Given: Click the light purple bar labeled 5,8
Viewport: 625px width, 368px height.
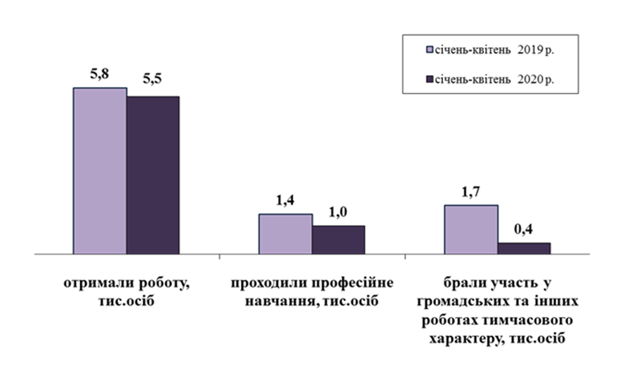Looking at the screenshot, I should (100, 171).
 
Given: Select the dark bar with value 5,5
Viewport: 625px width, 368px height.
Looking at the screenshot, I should (153, 175).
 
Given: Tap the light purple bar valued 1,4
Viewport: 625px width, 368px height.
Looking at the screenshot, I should (285, 233).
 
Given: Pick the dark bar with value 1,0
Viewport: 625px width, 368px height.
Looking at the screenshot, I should (338, 239).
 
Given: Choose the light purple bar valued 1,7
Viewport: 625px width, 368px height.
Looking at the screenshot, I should (471, 229).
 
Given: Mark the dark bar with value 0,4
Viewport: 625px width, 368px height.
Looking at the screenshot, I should (525, 248).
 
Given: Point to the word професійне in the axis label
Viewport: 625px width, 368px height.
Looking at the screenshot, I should (351, 284).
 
